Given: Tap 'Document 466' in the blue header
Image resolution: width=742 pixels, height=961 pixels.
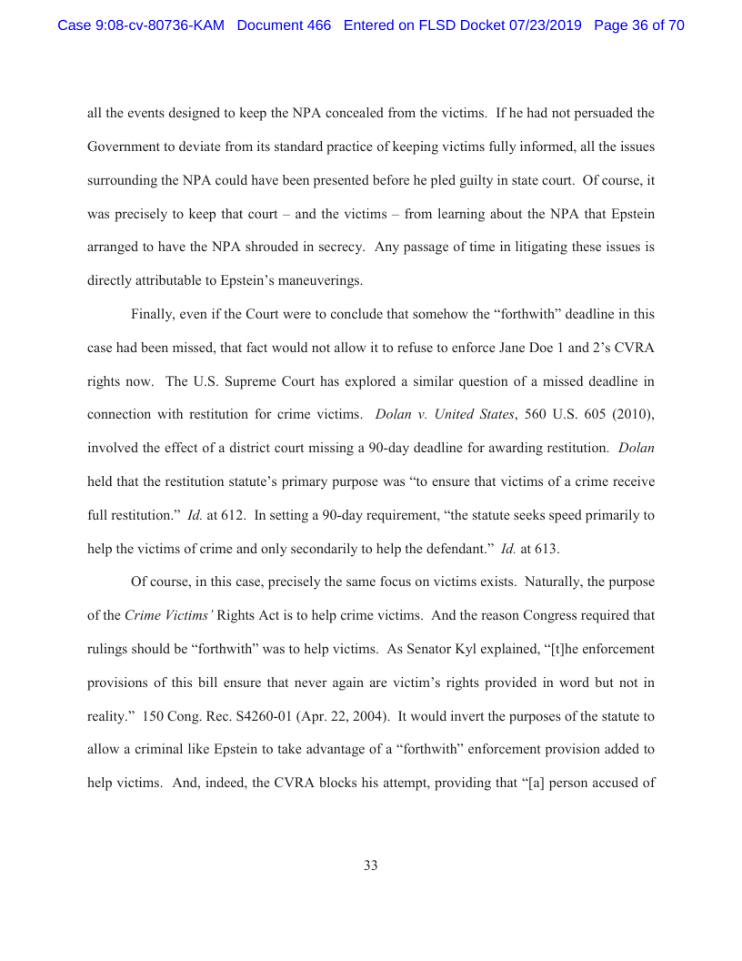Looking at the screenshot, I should coord(284,25).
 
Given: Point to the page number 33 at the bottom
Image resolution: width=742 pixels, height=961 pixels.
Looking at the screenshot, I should coord(371,865).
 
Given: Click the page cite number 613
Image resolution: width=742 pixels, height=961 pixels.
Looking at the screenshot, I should coord(543,548).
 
